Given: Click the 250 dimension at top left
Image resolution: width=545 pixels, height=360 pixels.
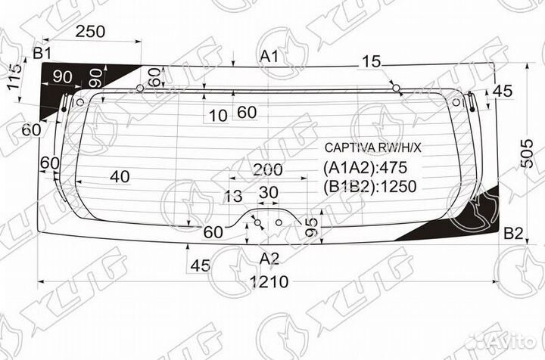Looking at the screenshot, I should point(90,31).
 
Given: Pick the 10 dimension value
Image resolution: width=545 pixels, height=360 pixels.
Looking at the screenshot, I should point(218,115).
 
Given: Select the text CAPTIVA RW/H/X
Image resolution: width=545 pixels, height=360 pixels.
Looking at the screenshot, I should point(372,147).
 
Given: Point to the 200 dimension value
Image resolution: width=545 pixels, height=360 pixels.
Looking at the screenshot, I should point(268,169).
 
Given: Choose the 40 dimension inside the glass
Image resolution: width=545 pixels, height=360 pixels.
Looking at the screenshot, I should point(119,177).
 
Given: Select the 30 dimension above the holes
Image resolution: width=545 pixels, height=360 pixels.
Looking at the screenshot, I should point(268,193).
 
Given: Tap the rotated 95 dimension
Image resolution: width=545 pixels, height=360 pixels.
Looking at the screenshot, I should point(310,227).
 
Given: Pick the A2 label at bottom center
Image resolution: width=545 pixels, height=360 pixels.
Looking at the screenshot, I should point(269,259).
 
